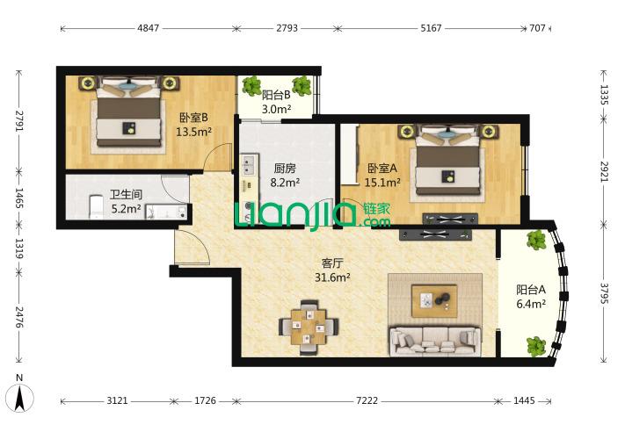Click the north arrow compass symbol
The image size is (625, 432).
coord(19,395)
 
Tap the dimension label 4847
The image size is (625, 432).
coord(148,28)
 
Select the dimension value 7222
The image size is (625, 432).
coord(367,400)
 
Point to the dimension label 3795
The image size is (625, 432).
coord(604,293)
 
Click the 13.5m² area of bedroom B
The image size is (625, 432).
coord(193,132)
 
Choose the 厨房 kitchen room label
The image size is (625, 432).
coord(285,169)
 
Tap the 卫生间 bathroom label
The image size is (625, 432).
coord(126,195)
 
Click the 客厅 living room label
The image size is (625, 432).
coord(332,263)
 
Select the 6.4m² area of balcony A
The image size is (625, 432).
coord(531,304)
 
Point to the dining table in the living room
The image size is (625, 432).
coord(309,328)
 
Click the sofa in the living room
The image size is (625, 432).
coord(435,342)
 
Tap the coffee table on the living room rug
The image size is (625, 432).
coord(434,300)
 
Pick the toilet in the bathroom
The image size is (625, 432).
coord(97,206)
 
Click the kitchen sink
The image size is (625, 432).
coord(249,165)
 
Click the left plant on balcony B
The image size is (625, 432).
coord(252,85)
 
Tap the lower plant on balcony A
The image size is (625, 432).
coord(535,346)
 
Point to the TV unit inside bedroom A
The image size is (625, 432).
coord(450,219)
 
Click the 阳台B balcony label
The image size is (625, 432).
coord(276,95)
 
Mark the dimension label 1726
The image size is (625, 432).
coord(206,400)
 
